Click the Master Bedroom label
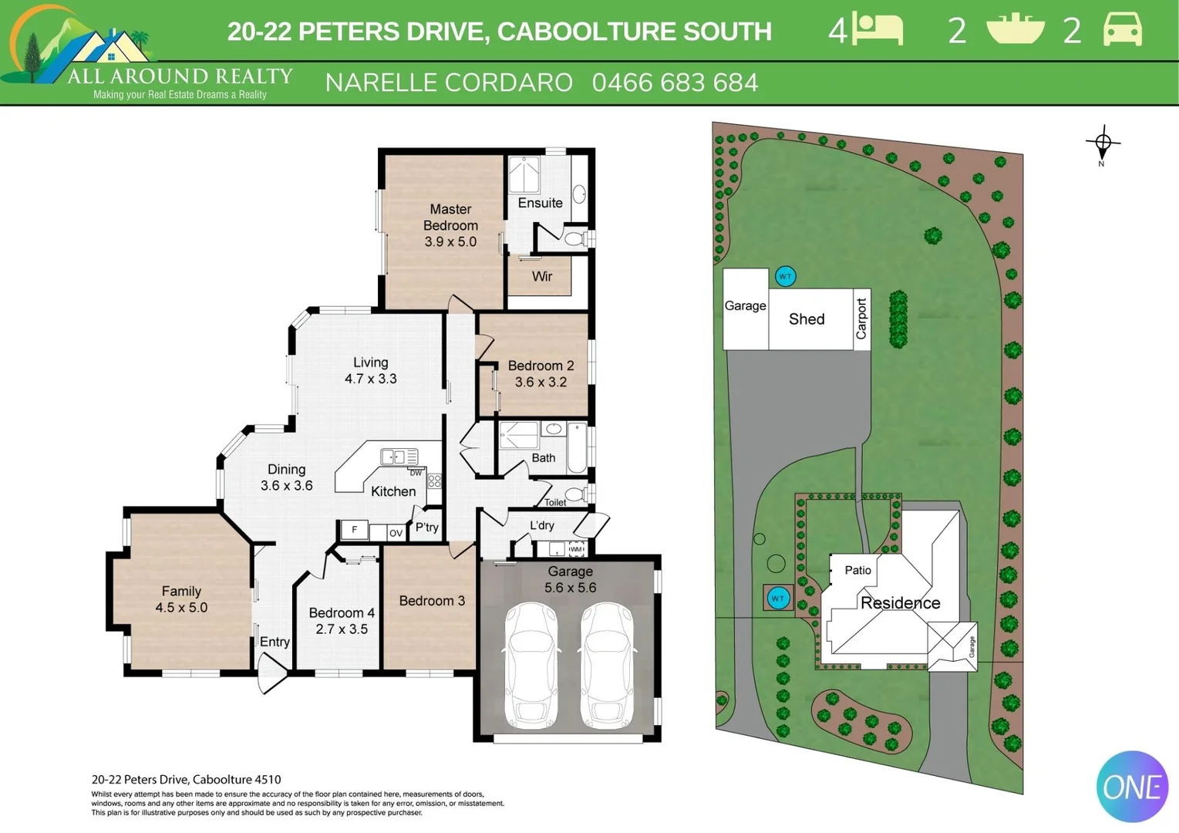click(450, 217)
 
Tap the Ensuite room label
click(540, 203)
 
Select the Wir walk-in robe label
click(541, 276)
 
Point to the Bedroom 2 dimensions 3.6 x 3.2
click(541, 382)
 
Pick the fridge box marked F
click(355, 530)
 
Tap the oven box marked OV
click(396, 532)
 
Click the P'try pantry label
click(426, 528)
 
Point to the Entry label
click(275, 642)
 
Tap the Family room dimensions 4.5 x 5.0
click(181, 608)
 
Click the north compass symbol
click(1103, 143)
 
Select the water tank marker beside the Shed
click(785, 276)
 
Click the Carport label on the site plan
click(861, 319)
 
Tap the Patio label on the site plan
click(857, 570)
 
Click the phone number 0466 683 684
click(675, 83)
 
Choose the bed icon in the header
click(878, 30)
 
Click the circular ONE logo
click(1132, 787)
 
